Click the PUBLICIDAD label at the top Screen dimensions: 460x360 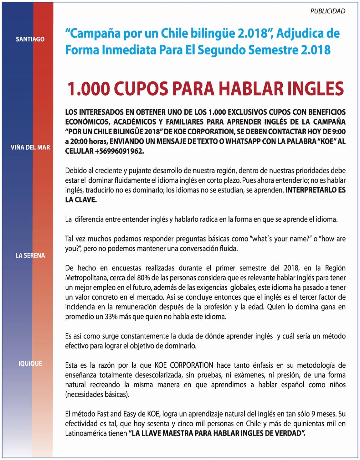click(x=328, y=11)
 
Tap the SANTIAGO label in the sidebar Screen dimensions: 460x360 click(x=30, y=39)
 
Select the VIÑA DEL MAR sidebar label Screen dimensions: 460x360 click(x=30, y=147)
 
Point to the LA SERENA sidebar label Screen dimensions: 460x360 click(x=30, y=256)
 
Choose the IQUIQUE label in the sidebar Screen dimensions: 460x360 click(x=30, y=364)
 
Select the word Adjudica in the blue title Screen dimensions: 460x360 click(x=299, y=33)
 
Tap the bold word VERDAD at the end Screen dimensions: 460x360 click(x=289, y=433)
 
